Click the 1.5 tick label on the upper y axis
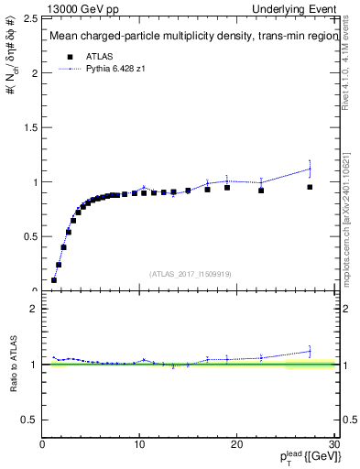point(31,127)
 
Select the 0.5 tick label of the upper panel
point(31,236)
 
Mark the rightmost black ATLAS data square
point(310,187)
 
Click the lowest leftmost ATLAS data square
point(54,280)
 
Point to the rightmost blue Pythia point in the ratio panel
point(310,350)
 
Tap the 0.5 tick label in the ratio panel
point(31,420)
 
